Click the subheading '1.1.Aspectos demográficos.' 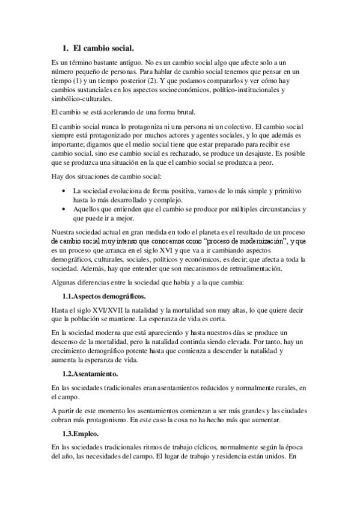click(103, 297)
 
